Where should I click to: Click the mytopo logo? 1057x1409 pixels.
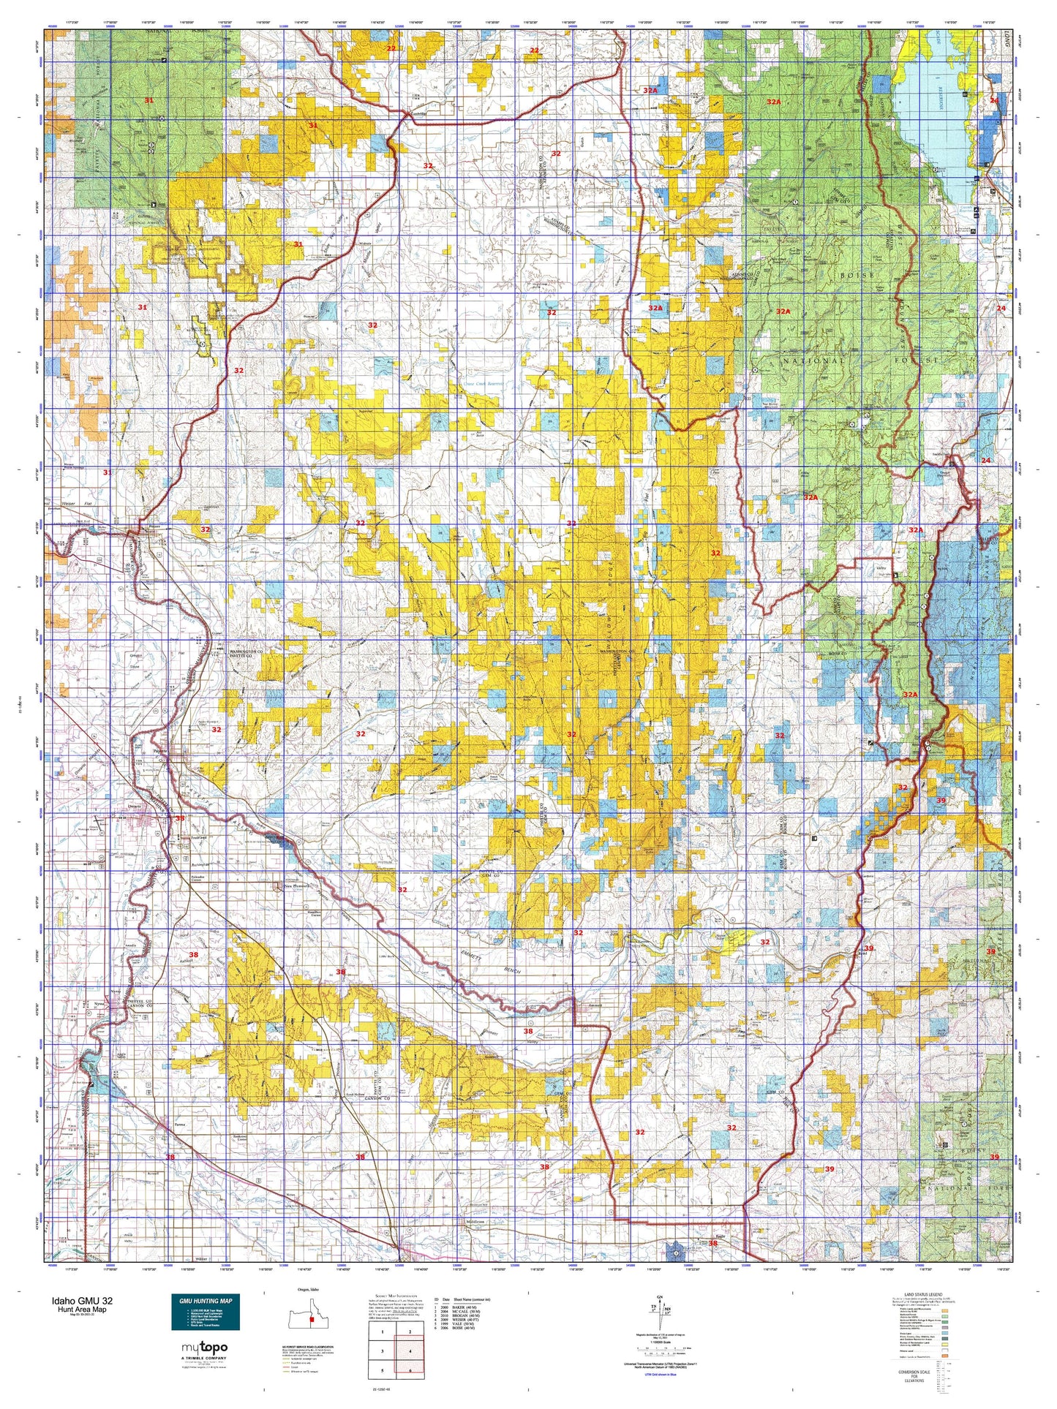pos(204,1348)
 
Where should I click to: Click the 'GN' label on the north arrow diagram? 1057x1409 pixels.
pos(660,1297)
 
